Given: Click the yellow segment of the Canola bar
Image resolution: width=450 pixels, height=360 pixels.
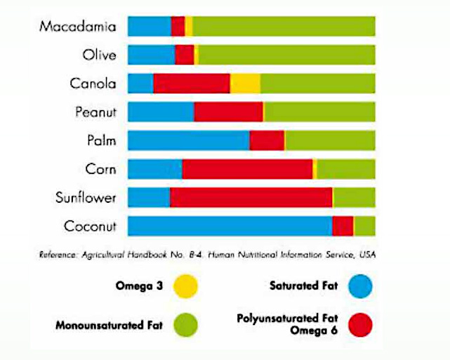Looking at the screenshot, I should pos(245,84).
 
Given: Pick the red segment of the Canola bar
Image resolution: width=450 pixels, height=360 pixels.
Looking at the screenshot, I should pos(192,84).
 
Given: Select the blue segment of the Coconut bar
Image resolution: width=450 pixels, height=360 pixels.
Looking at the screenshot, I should pos(230,226).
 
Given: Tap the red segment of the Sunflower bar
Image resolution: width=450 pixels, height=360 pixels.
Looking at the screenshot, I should pos(251,198).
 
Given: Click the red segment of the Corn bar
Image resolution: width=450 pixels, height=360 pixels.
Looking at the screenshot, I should pos(247,169).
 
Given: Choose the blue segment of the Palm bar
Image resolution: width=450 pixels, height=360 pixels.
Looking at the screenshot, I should pos(188,140).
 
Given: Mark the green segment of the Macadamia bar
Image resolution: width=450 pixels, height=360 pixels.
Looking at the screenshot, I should pos(284,27).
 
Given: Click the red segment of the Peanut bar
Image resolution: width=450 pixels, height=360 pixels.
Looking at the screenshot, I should pos(228,112).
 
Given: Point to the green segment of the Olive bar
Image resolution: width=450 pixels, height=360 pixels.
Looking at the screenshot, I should pos(286,55).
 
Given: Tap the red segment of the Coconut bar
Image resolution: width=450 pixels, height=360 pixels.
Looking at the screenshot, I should pos(343,226).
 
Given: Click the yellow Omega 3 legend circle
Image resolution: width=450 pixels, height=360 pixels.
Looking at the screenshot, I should pos(185,286).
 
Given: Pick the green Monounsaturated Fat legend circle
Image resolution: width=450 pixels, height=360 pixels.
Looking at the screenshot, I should pos(185,325).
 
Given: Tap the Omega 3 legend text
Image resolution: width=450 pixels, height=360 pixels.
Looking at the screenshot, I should pos(138,286).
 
